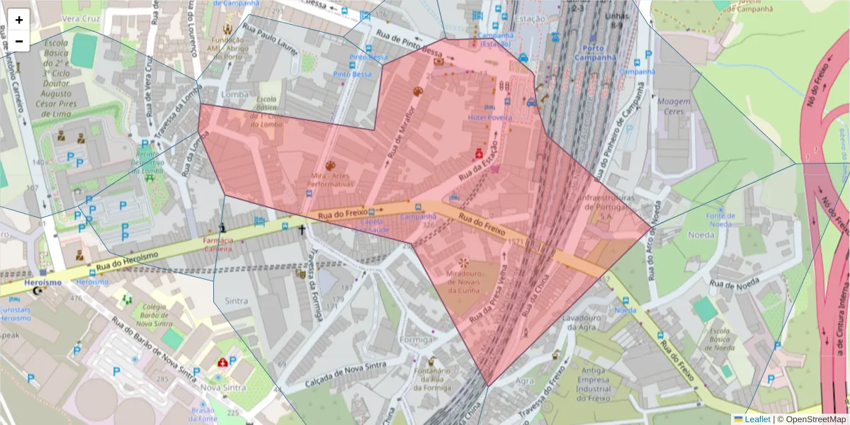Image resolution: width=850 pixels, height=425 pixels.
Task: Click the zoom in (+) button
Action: click(x=19, y=20)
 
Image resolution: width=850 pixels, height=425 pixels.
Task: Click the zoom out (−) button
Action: click(x=19, y=41)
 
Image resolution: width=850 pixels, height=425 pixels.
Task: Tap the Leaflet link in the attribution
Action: click(x=757, y=419)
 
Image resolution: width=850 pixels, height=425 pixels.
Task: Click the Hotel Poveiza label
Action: click(x=489, y=118)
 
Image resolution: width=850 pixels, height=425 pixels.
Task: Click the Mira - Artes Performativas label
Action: click(x=329, y=180)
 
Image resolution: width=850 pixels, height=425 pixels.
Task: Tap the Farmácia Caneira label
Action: click(x=218, y=245)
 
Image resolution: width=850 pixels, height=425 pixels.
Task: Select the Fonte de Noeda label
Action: click(x=720, y=220)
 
